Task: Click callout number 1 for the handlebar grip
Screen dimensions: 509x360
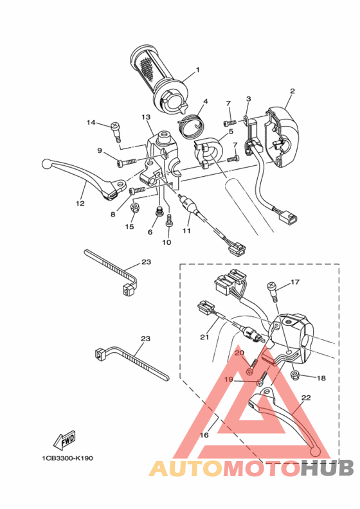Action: [x=197, y=69]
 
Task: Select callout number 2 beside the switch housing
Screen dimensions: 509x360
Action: [x=292, y=91]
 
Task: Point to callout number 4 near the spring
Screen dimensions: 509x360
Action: [x=206, y=102]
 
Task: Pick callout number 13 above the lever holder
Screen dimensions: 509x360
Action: [x=146, y=117]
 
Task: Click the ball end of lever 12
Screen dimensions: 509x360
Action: [x=46, y=163]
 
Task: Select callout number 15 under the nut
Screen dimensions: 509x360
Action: [x=130, y=226]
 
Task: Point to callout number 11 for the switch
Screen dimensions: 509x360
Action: [x=187, y=230]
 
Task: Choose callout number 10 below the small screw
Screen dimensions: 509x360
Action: [x=166, y=242]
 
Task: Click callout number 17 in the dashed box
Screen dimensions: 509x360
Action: [x=295, y=282]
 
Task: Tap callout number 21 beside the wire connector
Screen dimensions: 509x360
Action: [x=205, y=337]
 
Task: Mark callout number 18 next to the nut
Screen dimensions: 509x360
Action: [x=303, y=379]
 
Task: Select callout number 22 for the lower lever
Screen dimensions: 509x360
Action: [x=306, y=398]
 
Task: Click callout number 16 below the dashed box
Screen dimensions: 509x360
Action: [x=204, y=435]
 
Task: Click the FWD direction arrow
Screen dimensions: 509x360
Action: [x=66, y=441]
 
